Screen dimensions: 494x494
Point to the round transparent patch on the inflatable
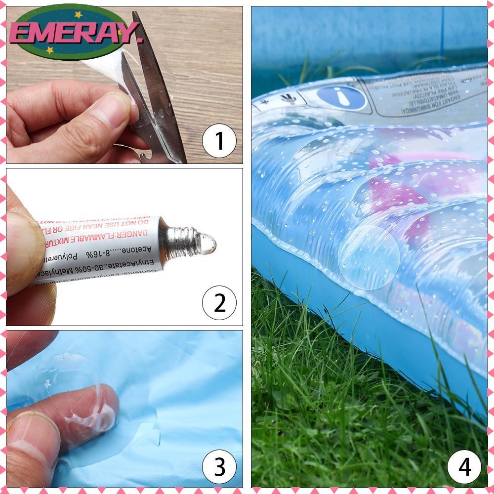pos(371,257)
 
